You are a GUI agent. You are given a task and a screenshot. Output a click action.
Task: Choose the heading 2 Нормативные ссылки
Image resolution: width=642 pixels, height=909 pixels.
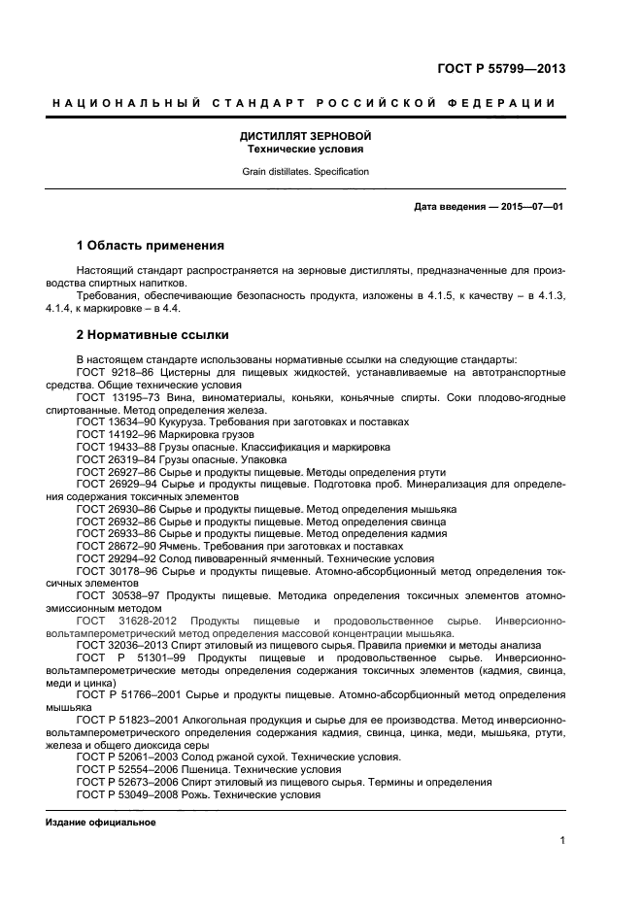152,335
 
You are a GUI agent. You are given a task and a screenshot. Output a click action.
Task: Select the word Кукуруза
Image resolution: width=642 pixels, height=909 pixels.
195,421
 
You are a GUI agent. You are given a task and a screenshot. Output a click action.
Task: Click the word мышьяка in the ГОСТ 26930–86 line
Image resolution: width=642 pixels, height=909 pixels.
432,509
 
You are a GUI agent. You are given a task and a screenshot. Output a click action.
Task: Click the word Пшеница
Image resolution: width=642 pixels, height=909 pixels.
207,768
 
